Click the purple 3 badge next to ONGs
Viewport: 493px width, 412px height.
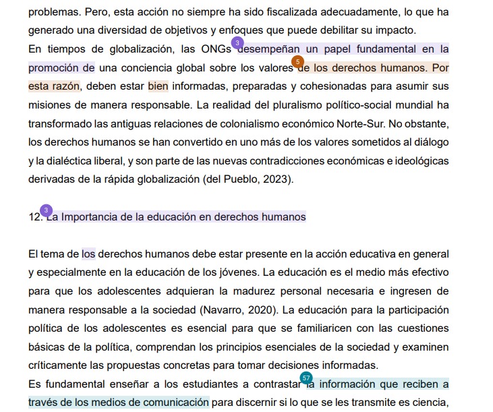coord(237,42)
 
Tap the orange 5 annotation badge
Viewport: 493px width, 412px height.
coord(297,61)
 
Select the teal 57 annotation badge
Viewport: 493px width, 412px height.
coord(306,378)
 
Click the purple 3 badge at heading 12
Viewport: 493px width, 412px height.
coord(46,210)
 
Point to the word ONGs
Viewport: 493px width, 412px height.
coord(216,49)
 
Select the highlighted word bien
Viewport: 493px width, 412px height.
coord(158,87)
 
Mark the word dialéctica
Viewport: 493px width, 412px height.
coord(80,161)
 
